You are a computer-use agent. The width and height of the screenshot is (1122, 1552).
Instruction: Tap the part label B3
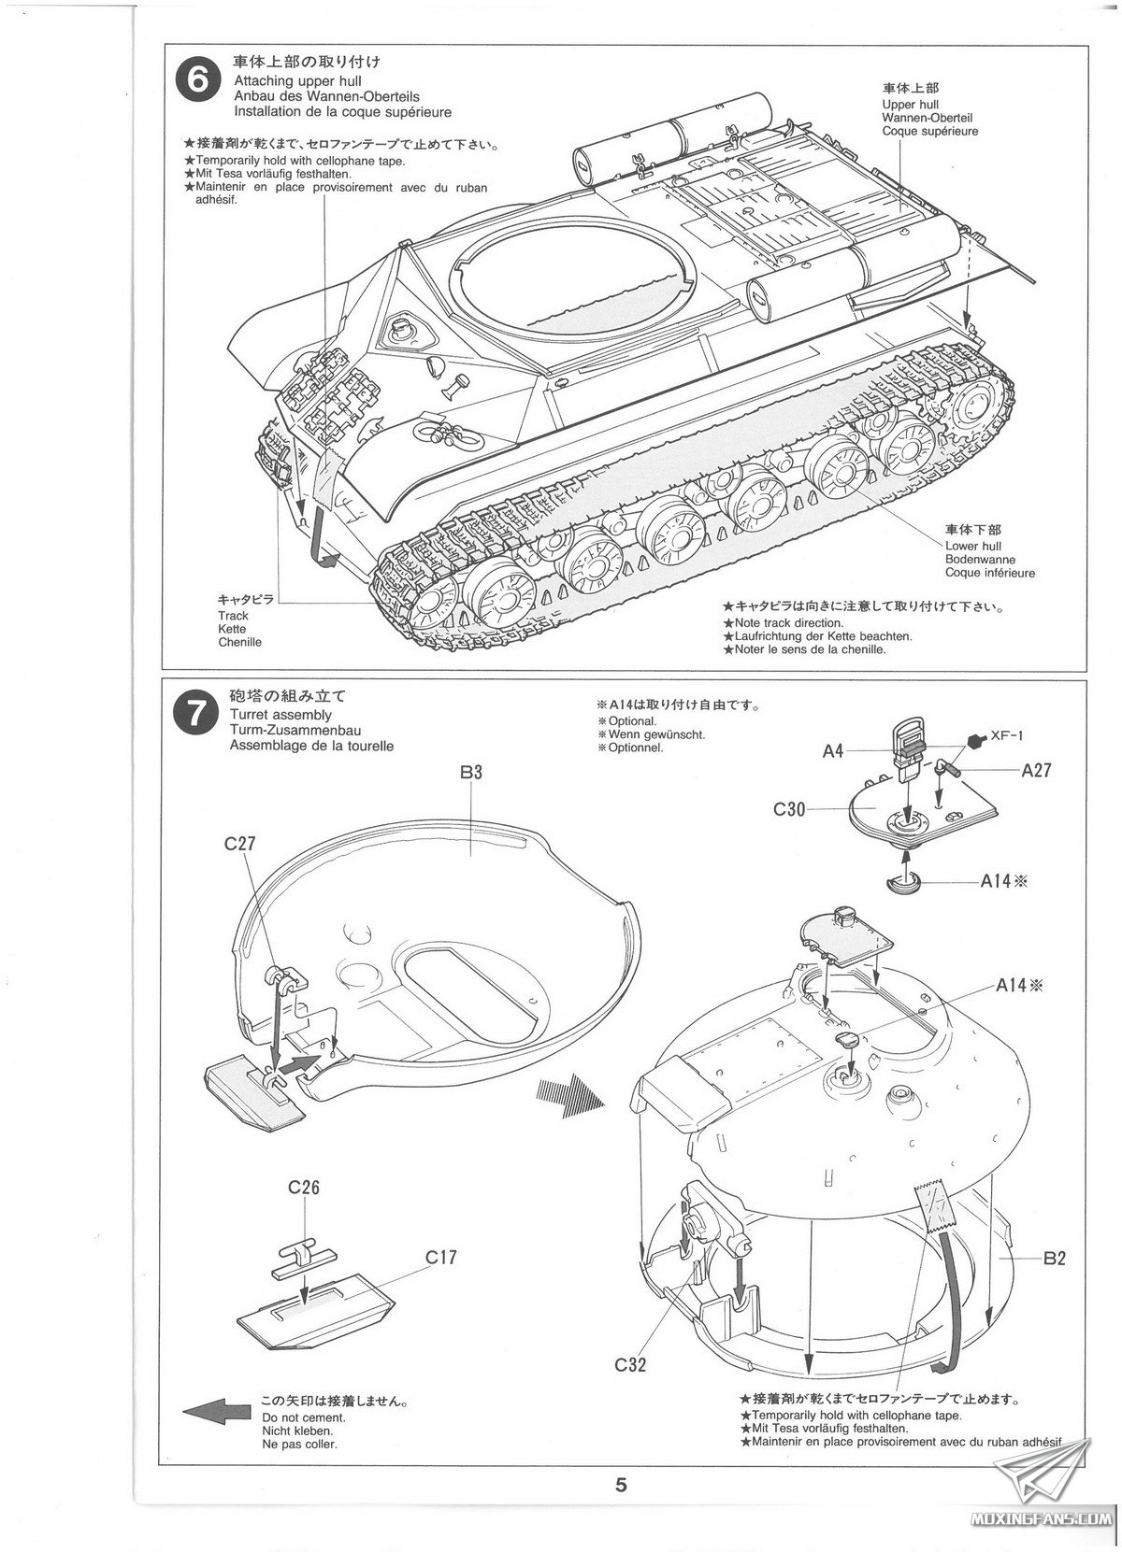pyautogui.click(x=470, y=773)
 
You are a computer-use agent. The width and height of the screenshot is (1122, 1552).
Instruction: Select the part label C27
pyautogui.click(x=239, y=843)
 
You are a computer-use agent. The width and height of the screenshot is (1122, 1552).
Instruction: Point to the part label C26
pyautogui.click(x=304, y=1188)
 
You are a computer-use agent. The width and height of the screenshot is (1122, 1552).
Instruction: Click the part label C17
pyautogui.click(x=440, y=1257)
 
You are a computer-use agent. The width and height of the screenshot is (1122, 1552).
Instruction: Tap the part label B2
pyautogui.click(x=1054, y=1258)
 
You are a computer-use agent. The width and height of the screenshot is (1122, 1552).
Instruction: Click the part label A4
pyautogui.click(x=834, y=749)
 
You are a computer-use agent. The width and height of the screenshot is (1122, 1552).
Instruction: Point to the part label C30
pyautogui.click(x=789, y=810)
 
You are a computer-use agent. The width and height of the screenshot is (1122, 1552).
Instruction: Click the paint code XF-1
pyautogui.click(x=1007, y=735)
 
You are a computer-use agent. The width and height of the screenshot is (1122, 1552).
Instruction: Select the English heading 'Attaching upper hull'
pyautogui.click(x=285, y=81)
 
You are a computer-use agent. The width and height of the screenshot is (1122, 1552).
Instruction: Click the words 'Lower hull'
pyautogui.click(x=972, y=546)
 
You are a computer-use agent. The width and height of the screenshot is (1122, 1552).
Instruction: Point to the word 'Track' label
pyautogui.click(x=233, y=616)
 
